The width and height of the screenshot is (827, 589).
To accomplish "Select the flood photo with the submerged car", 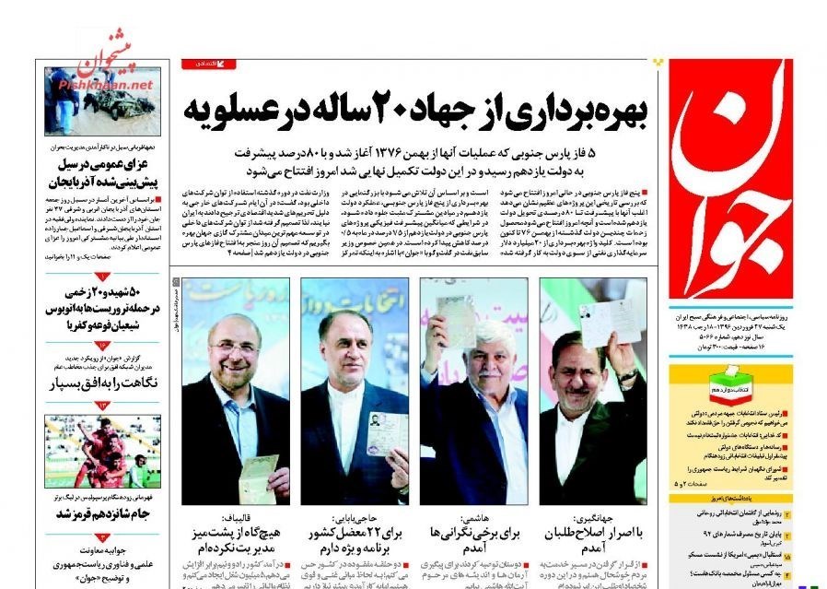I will tap(101, 101).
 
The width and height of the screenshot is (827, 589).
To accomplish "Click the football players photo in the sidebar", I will tap(101, 452).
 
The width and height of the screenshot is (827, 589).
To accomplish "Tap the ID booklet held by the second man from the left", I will tap(384, 433).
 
